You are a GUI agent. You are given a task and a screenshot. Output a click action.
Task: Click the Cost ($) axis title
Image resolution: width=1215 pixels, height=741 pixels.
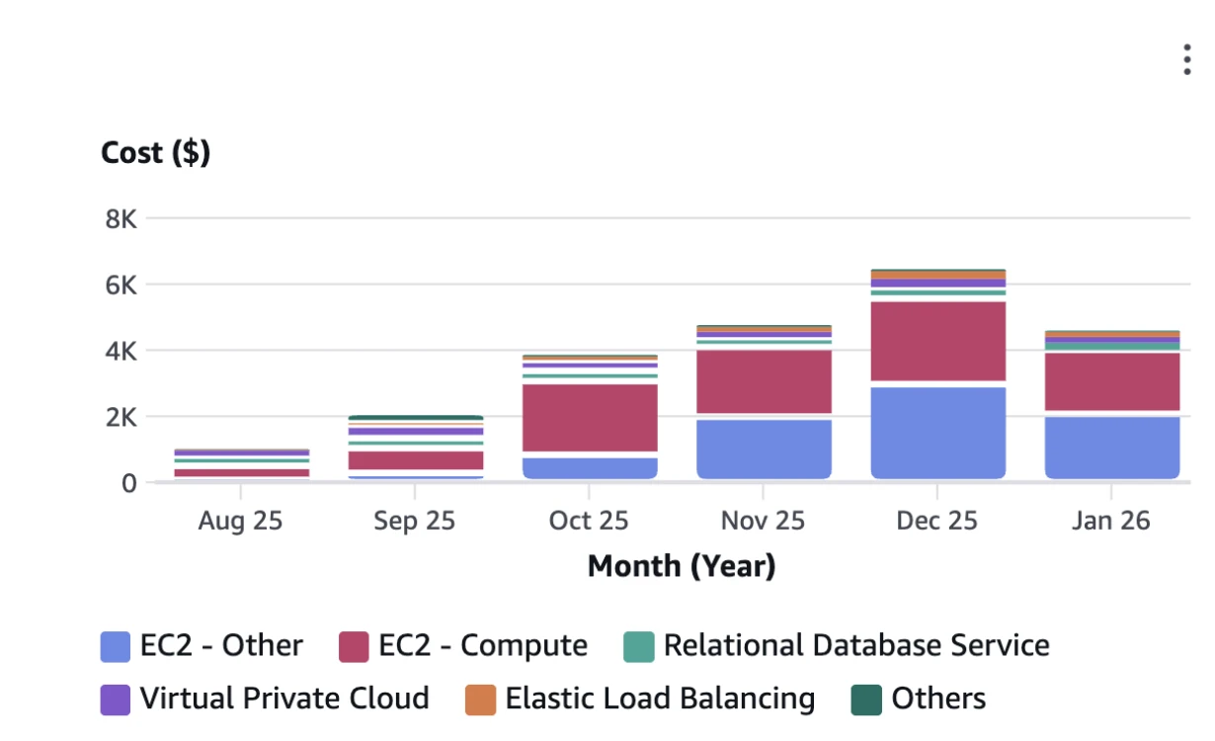tap(155, 153)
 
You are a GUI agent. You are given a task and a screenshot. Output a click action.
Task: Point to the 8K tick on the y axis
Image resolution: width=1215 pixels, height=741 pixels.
tap(121, 218)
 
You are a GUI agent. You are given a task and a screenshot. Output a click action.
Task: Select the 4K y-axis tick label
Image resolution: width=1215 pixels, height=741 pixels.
tap(121, 351)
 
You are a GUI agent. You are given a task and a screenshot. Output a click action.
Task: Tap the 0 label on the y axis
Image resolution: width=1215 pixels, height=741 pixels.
tap(128, 483)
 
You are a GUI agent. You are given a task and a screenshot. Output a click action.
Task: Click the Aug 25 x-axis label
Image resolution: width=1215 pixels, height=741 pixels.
tap(240, 521)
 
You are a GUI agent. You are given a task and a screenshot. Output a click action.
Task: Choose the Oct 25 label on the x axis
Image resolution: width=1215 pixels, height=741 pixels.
tap(589, 521)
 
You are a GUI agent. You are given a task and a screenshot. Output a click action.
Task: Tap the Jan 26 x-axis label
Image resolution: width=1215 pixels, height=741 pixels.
tap(1110, 521)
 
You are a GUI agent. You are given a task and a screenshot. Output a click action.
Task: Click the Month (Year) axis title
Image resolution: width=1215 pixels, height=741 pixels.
tap(682, 566)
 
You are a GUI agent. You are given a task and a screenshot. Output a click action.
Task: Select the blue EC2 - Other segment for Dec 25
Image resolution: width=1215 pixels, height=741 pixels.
tap(937, 433)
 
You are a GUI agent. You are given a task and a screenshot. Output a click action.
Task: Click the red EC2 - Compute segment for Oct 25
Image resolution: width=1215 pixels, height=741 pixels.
tap(590, 417)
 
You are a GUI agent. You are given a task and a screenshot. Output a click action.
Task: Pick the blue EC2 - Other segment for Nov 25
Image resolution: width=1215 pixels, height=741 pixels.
tap(764, 449)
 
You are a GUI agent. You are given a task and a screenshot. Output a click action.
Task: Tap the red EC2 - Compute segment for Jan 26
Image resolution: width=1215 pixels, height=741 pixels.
tap(1112, 380)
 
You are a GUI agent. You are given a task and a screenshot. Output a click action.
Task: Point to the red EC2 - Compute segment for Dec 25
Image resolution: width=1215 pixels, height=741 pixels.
tap(937, 340)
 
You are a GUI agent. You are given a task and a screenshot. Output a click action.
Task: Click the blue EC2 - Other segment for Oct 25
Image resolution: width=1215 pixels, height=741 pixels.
tap(590, 468)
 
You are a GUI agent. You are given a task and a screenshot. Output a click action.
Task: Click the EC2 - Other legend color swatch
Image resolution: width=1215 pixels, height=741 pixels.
tap(116, 647)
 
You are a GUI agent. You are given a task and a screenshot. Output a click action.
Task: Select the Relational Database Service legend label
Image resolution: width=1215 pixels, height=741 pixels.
tap(855, 646)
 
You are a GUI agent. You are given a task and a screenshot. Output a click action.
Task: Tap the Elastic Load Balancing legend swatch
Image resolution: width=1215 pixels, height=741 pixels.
tap(480, 700)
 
